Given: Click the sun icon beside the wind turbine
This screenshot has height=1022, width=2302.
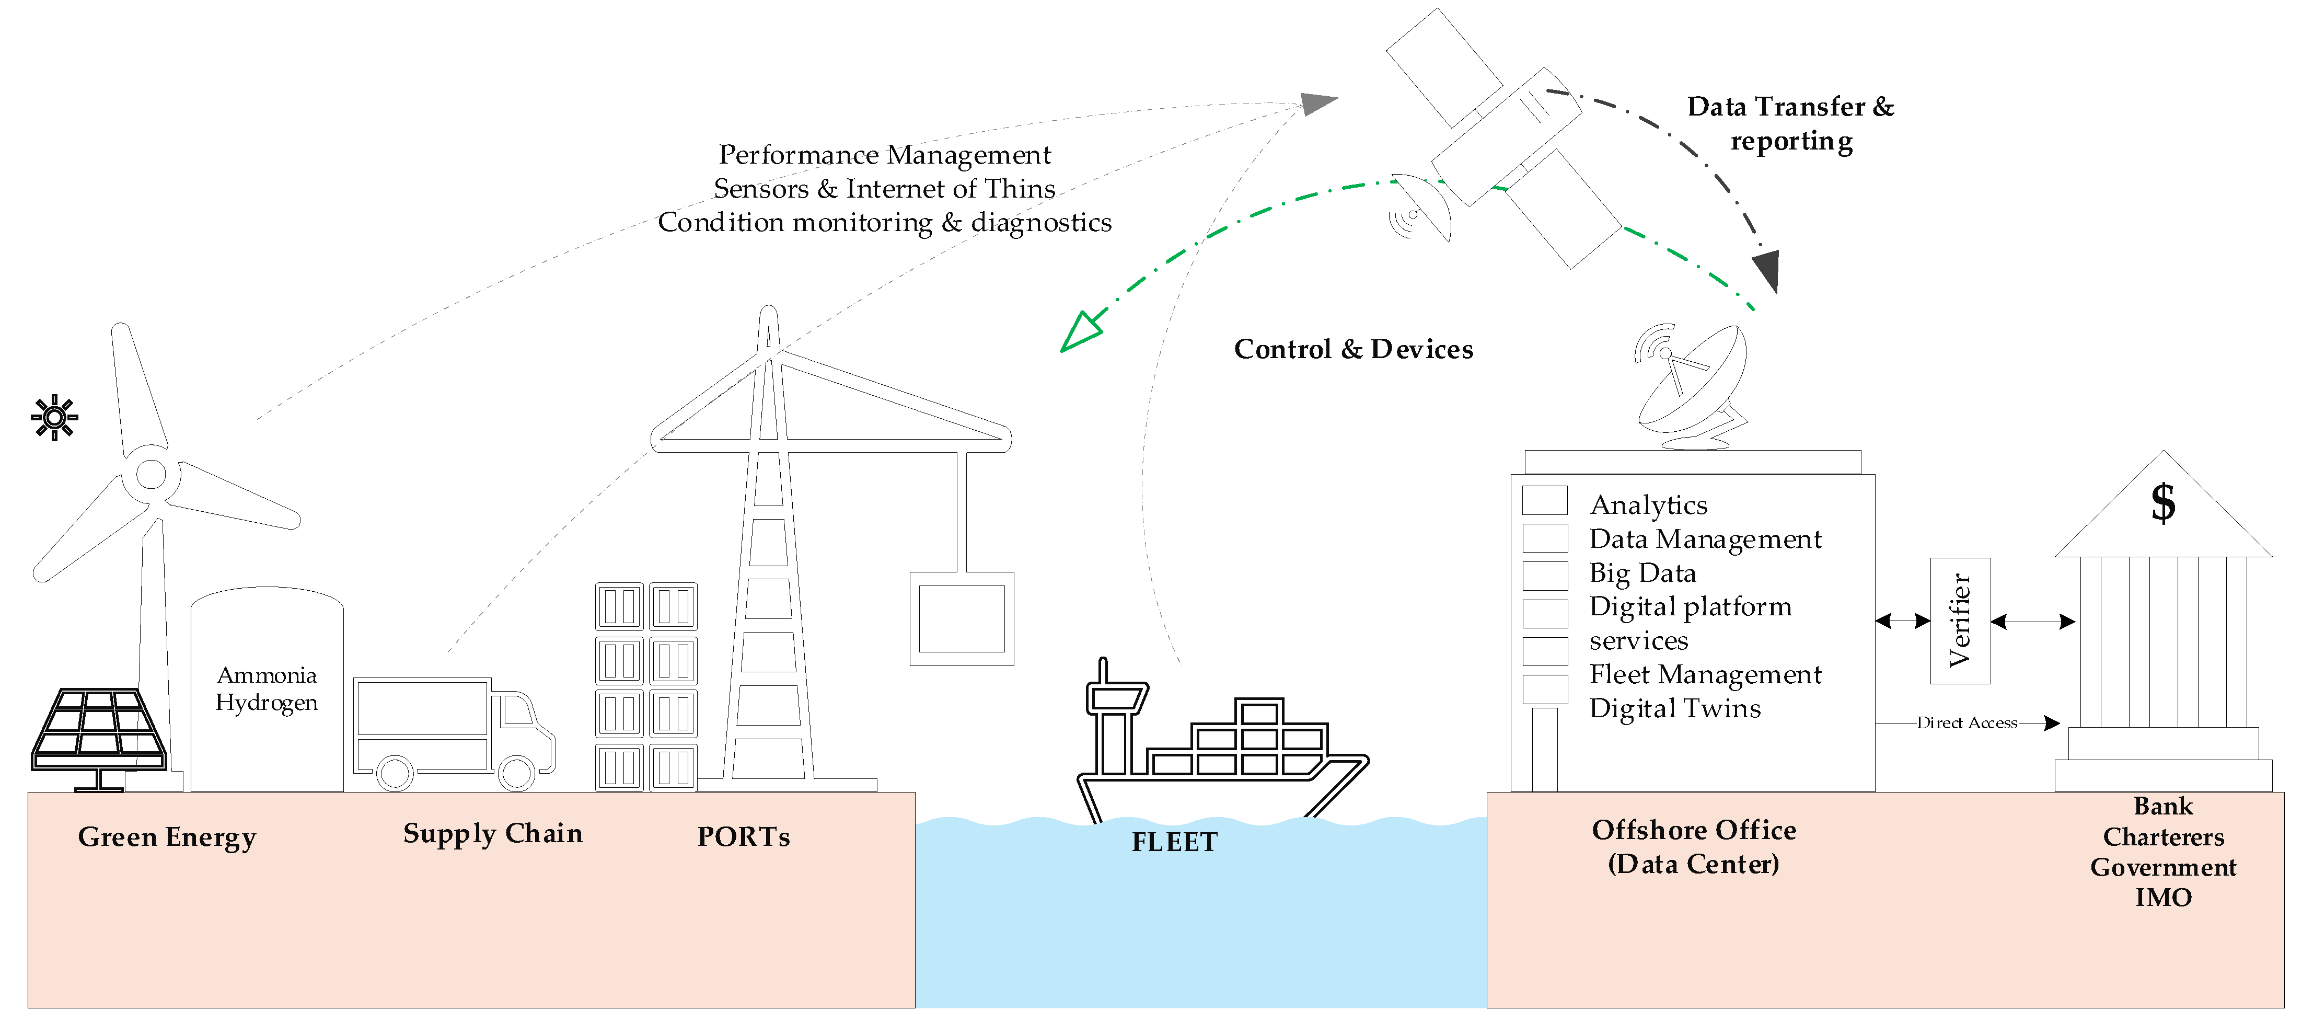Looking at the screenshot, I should coord(54,417).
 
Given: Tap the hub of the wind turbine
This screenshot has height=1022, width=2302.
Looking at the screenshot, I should coord(151,474).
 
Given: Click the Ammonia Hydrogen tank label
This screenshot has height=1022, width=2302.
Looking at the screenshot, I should coord(267,688).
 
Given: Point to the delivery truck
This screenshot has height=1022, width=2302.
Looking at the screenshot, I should coord(452,733).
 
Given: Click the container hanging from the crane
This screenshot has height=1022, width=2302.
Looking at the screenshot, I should coord(962,619).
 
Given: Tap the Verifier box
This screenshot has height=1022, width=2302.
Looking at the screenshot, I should coord(1960,621).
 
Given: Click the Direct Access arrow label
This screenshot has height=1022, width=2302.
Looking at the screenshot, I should coord(1966,722).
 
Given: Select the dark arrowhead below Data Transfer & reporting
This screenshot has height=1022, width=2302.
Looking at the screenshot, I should coord(1767,270).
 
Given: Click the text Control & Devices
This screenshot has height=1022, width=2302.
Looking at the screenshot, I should coord(1353,349).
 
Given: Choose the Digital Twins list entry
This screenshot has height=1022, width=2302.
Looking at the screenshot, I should coord(1675,708).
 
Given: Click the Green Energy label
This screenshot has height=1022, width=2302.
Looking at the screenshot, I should coord(167,837).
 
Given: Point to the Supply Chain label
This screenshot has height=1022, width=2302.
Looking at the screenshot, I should coord(492,833).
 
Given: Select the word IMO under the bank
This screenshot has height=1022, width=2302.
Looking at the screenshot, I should coord(2162,897).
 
